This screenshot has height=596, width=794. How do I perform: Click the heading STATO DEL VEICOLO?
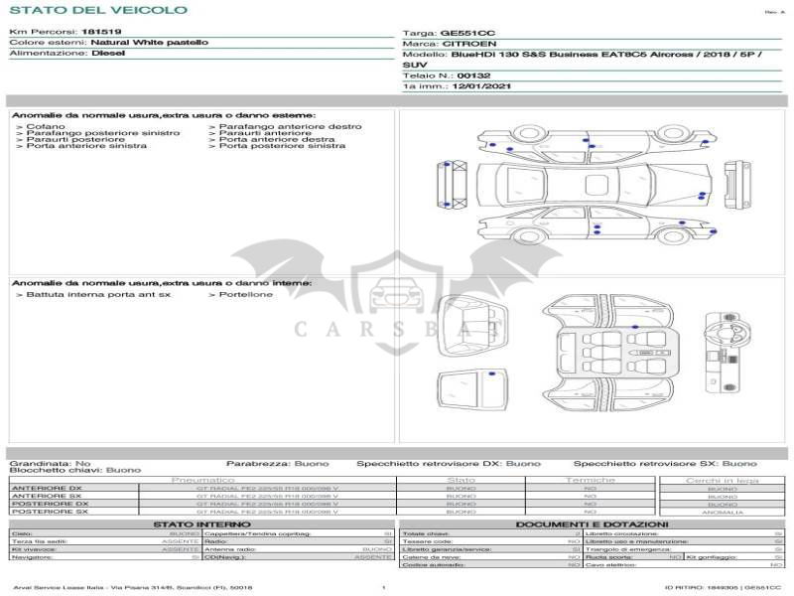(98, 10)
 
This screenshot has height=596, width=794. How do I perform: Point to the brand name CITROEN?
(463, 45)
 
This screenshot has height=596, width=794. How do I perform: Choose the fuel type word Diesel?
(108, 54)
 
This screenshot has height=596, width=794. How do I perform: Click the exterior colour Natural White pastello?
(149, 43)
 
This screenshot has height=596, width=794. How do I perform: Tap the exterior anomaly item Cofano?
(46, 127)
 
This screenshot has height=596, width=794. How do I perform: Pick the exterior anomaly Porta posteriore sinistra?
(282, 146)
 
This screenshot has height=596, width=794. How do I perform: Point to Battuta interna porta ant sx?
(98, 294)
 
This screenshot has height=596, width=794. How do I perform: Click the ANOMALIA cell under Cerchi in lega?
(722, 512)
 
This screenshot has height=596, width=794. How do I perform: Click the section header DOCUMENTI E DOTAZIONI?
(592, 523)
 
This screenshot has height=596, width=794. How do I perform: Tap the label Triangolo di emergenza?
(621, 549)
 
